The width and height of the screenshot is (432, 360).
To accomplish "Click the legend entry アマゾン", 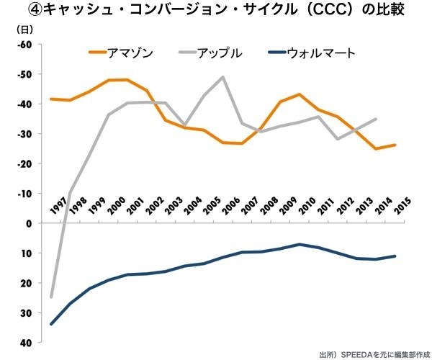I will pos(130,53).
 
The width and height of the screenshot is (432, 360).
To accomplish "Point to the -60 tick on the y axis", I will pos(25,45).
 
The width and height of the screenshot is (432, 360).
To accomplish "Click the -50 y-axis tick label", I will pos(25,74).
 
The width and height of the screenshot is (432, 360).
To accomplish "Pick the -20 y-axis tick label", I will pos(25,164).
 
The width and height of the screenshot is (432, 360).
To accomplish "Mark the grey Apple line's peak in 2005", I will pos(222,77).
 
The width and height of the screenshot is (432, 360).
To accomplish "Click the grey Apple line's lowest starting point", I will pos(51,297).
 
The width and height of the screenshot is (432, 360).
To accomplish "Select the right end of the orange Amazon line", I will pos(395,145).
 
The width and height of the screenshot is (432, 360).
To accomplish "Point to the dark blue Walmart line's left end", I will pos(51,324).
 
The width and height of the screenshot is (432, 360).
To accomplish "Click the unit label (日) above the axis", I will pos(24,30).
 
